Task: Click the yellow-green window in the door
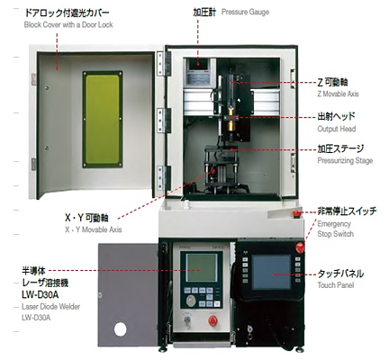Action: pyautogui.click(x=103, y=119)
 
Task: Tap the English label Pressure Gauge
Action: pyautogui.click(x=245, y=12)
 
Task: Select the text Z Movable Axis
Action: pyautogui.click(x=338, y=94)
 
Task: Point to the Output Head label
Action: pyautogui.click(x=337, y=129)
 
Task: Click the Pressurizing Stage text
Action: pyautogui.click(x=345, y=160)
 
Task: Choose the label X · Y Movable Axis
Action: pyautogui.click(x=94, y=229)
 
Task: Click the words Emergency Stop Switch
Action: pyautogui.click(x=335, y=229)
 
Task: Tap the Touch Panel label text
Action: pyautogui.click(x=336, y=285)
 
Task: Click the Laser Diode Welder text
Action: pyautogui.click(x=50, y=307)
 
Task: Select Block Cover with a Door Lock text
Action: pyautogui.click(x=68, y=24)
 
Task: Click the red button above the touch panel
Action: pyautogui.click(x=300, y=247)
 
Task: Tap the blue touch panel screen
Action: pyautogui.click(x=271, y=273)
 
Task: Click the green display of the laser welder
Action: pyautogui.click(x=202, y=267)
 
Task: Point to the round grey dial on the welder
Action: pyautogui.click(x=190, y=301)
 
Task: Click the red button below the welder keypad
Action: pyautogui.click(x=213, y=321)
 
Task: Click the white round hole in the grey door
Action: pyautogui.click(x=120, y=329)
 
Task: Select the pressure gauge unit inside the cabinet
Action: pyautogui.click(x=199, y=73)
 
